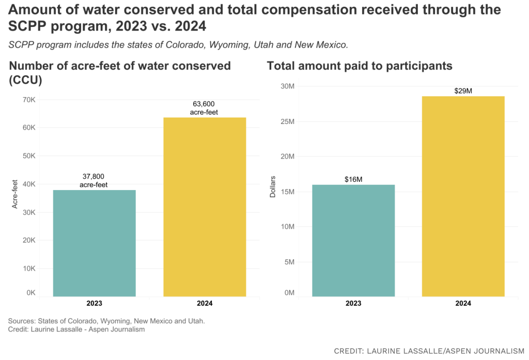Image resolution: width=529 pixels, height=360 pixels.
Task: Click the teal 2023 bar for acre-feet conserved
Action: (x=95, y=243)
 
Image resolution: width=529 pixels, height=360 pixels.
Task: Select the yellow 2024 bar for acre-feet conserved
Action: (x=205, y=207)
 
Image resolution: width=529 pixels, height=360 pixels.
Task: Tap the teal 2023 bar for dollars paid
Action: (x=353, y=240)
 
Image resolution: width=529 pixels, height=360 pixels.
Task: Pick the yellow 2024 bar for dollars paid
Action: (x=463, y=196)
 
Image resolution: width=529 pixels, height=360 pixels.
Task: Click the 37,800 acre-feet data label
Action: (x=94, y=180)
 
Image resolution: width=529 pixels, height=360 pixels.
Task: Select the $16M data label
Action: (x=353, y=179)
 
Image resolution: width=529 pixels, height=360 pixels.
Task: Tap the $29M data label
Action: (x=463, y=91)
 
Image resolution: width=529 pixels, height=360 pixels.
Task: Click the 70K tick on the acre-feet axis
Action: (x=28, y=99)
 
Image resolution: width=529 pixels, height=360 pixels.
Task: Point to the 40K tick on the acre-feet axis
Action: (x=28, y=184)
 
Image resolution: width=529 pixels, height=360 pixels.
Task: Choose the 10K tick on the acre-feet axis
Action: (x=28, y=269)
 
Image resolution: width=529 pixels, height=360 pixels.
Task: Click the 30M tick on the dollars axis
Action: (x=287, y=86)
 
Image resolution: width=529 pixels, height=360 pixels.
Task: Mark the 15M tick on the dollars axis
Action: (x=287, y=192)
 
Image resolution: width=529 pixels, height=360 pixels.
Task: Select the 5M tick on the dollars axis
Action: (x=288, y=262)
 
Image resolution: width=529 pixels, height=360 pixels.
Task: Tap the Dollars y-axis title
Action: (x=273, y=187)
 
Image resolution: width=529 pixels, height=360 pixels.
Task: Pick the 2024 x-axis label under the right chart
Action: (x=463, y=304)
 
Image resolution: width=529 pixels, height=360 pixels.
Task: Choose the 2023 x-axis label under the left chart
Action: (x=94, y=304)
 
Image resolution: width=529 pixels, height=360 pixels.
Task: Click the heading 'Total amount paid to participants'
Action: (x=360, y=66)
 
